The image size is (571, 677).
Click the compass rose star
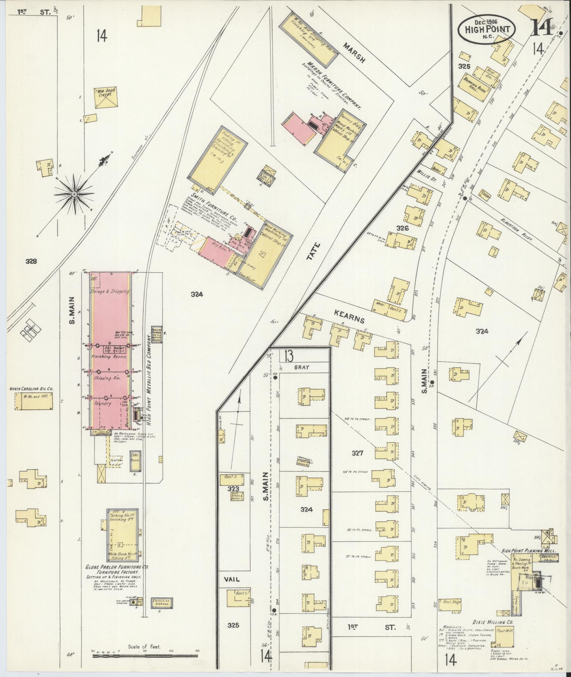point(74,194)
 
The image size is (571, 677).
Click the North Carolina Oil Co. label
point(32,389)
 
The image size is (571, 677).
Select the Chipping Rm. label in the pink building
point(108,379)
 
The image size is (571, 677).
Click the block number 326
point(402,228)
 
